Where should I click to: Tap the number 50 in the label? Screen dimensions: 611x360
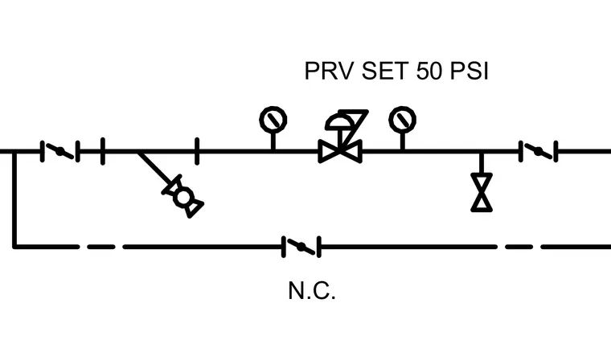coord(429,71)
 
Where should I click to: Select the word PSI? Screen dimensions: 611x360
coord(470,71)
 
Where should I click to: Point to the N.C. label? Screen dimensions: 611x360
coord(312,291)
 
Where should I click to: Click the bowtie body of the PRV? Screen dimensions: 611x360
coord(340,151)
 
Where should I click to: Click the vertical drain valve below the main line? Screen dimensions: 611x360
coord(482,193)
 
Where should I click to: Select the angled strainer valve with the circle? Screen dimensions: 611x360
coord(183,196)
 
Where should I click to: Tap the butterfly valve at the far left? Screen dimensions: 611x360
coord(60,151)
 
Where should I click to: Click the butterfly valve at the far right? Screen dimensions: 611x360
coord(538,151)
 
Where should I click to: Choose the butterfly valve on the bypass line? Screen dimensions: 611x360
coord(301,247)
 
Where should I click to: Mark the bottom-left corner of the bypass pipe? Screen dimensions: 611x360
coord(14,247)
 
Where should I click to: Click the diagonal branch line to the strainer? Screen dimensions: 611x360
coord(155,168)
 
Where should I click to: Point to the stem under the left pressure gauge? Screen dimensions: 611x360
coord(273,141)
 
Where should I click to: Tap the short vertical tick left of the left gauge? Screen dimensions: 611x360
coord(197,151)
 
